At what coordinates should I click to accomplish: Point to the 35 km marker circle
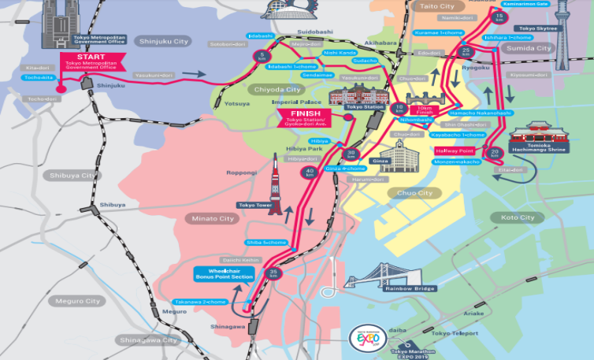(x=273, y=273)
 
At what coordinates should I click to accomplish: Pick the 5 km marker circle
(x=262, y=56)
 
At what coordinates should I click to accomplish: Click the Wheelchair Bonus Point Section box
(x=225, y=274)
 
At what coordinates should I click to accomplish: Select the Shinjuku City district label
(x=163, y=41)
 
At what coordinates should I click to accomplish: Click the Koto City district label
(x=517, y=217)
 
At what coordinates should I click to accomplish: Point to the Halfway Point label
(x=455, y=150)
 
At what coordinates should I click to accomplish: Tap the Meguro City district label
(x=78, y=301)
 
